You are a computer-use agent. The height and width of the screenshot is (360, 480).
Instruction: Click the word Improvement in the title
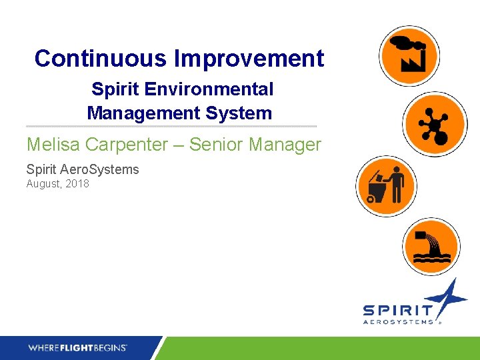249,59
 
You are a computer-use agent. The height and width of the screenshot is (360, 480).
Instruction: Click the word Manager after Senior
288,145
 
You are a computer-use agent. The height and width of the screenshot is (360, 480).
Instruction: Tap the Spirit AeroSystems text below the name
83,169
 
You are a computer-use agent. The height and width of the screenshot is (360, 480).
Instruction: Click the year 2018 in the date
77,184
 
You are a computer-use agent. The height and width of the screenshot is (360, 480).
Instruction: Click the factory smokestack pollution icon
409,55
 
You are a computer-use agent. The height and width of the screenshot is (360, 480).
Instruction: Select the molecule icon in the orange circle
434,123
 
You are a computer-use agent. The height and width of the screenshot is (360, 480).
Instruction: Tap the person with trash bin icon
386,186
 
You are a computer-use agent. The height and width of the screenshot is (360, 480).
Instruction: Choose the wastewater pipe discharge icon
431,246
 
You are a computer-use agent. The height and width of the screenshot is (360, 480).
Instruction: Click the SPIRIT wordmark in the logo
397,311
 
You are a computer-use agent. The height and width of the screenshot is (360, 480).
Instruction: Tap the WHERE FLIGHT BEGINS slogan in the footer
77,347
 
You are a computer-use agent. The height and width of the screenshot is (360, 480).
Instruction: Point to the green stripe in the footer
320,348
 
